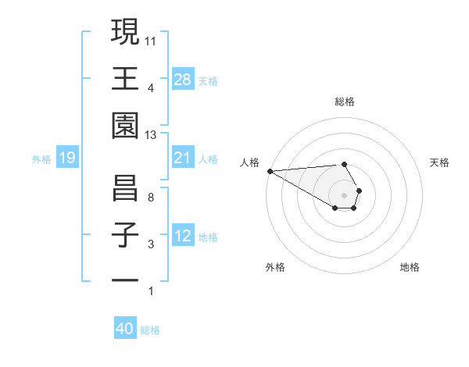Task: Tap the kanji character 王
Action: tap(126, 79)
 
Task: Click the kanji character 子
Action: tap(126, 235)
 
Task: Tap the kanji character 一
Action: tap(126, 280)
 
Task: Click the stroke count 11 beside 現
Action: tap(151, 40)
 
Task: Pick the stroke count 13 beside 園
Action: tap(151, 135)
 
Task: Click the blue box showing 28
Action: tap(183, 80)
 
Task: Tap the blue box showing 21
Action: tap(183, 158)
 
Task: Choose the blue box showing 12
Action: tap(183, 236)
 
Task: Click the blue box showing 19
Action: tap(67, 159)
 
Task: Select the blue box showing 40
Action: tap(125, 329)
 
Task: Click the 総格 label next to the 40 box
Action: tap(151, 330)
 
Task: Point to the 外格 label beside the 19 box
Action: tap(41, 159)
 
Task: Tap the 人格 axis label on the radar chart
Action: tap(250, 162)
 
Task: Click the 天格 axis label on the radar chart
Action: tap(439, 162)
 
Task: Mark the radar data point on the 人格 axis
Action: tap(270, 171)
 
